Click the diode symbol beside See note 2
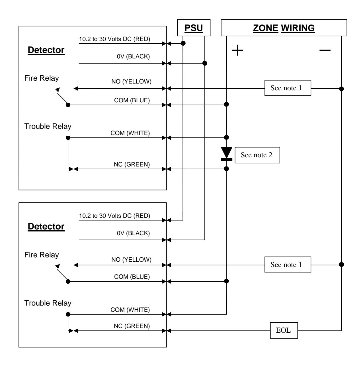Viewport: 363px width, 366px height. (x=226, y=154)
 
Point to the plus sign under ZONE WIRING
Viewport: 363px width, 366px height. (x=237, y=50)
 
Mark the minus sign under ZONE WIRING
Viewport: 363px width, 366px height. (x=325, y=50)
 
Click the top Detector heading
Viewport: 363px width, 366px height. (x=46, y=50)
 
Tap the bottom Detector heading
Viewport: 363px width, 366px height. (x=46, y=226)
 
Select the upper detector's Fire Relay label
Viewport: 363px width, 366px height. (x=42, y=78)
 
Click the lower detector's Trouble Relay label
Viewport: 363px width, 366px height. (x=48, y=303)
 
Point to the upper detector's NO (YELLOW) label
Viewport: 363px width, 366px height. (x=131, y=82)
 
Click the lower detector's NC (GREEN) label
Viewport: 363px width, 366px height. (x=132, y=326)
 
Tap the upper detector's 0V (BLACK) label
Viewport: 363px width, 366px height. (x=133, y=56)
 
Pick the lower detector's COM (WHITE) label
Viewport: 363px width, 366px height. (x=130, y=310)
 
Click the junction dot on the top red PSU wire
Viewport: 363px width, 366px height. (x=183, y=43)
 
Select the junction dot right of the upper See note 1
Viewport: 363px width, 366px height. (x=341, y=89)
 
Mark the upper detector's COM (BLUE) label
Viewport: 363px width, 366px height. (x=132, y=100)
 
